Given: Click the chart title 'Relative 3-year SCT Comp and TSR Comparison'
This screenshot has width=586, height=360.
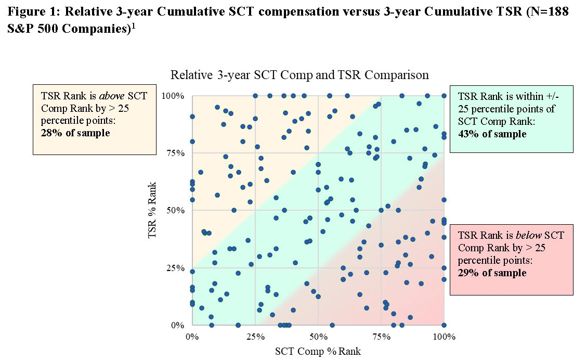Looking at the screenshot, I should pos(299,75).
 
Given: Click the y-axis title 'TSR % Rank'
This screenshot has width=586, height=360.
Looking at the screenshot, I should pos(152,210).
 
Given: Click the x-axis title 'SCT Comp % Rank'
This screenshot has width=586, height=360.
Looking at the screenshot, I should pos(317,351).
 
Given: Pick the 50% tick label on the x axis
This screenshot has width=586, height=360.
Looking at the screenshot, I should pos(318,337).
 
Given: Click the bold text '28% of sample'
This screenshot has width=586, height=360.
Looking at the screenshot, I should pos(75,132).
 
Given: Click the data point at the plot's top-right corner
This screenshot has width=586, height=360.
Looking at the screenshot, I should pos(444,96).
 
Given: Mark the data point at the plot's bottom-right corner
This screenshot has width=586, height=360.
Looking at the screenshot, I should pos(444,325).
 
